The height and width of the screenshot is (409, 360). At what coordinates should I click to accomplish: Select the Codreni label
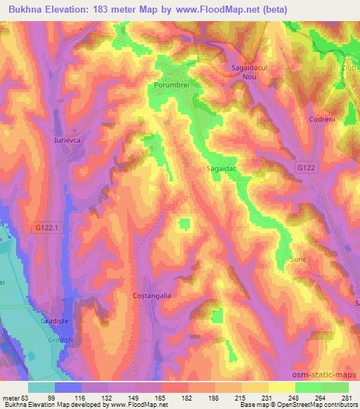[321, 119]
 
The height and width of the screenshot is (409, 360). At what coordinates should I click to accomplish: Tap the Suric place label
[298, 259]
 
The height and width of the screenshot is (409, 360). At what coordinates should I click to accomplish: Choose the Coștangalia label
[152, 296]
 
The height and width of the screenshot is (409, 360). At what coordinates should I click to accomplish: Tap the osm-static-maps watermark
[327, 373]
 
